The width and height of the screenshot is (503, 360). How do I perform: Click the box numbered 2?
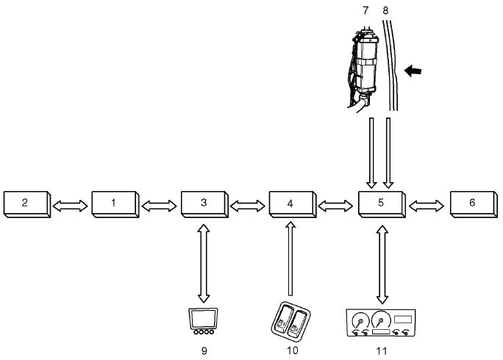point(25,203)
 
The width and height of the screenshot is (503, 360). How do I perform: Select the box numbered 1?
point(114,203)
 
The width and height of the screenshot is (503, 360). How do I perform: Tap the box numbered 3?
point(204,203)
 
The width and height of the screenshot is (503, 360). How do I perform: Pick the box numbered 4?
point(292,203)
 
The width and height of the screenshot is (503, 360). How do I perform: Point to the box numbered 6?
point(471,203)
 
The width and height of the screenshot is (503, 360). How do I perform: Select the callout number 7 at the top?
point(365,10)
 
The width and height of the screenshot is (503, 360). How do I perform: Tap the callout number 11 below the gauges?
point(380,351)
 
